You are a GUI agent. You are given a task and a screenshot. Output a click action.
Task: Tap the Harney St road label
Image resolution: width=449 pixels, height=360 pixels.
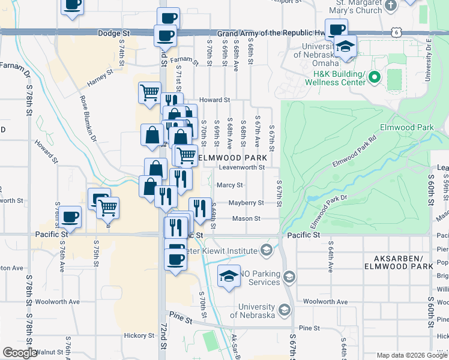pyautogui.click(x=100, y=77)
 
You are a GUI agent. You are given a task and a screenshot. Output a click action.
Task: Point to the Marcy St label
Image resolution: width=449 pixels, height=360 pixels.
pyautogui.click(x=229, y=185)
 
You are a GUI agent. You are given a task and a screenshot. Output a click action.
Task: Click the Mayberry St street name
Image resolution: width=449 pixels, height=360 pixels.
pyautogui.click(x=246, y=203)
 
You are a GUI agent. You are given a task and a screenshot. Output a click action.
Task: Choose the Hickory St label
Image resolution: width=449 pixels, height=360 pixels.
pyautogui.click(x=139, y=335)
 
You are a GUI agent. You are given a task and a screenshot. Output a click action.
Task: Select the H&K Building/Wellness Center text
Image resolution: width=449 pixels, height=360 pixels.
pyautogui.click(x=339, y=78)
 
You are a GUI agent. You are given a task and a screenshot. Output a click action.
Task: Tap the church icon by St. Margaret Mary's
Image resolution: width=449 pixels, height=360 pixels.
pyautogui.click(x=391, y=5)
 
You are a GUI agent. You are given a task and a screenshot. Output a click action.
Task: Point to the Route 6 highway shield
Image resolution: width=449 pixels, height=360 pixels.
pyautogui.click(x=396, y=32)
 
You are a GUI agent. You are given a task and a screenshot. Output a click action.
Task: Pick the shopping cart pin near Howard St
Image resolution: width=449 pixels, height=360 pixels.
pyautogui.click(x=149, y=92)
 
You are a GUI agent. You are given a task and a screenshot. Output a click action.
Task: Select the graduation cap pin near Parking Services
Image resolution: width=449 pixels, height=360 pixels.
pyautogui.click(x=228, y=276)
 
